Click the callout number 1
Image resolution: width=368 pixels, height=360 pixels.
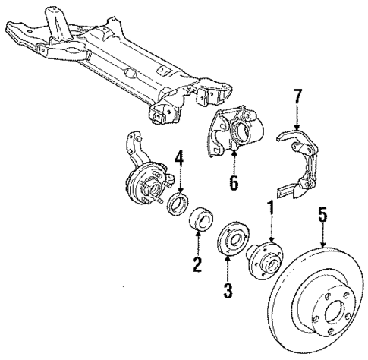tap(269, 207)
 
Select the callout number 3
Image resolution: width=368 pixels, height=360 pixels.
tap(228, 290)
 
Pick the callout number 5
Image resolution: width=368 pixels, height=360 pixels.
tap(323, 216)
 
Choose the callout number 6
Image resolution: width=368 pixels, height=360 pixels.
tap(234, 182)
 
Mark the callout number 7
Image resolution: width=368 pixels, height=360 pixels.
tap(297, 96)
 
